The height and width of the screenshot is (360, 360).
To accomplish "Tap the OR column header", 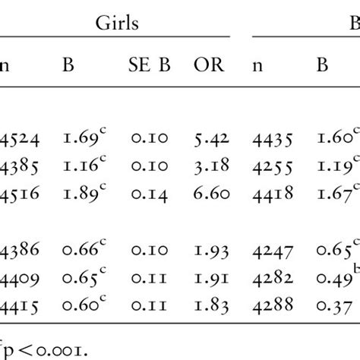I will (210, 67).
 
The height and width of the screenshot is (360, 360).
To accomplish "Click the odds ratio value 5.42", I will (210, 140).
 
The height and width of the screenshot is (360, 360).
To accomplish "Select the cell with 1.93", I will (210, 249).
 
